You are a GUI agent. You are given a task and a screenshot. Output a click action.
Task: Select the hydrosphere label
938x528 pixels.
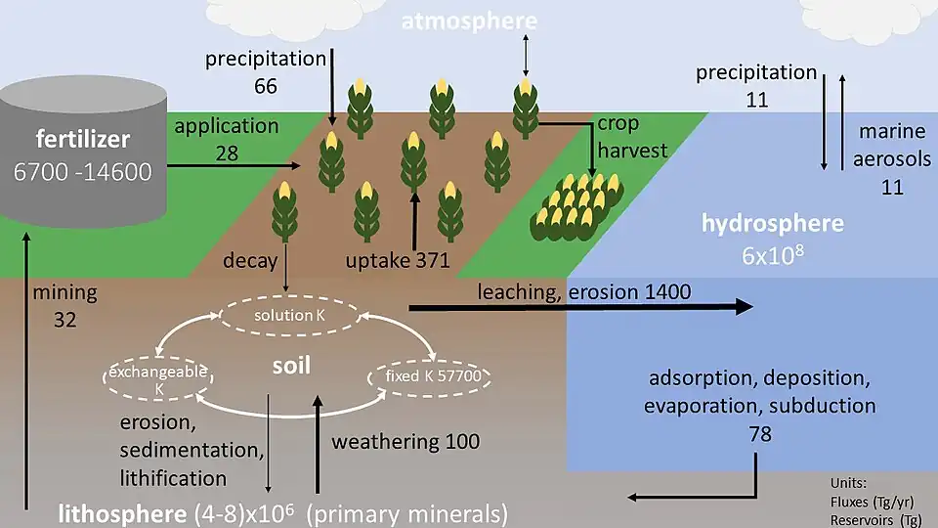point(772,223)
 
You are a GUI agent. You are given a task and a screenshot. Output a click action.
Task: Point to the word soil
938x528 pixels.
point(292,366)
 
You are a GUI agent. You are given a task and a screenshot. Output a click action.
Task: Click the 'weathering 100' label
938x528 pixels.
point(405,441)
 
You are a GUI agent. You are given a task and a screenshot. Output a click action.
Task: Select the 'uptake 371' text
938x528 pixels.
point(397,260)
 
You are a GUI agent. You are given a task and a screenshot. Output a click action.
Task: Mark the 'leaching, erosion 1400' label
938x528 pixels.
point(583,290)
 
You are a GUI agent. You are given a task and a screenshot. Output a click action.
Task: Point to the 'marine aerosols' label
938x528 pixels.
point(892,158)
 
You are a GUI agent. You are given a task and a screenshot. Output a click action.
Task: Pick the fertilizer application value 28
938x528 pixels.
point(226,152)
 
